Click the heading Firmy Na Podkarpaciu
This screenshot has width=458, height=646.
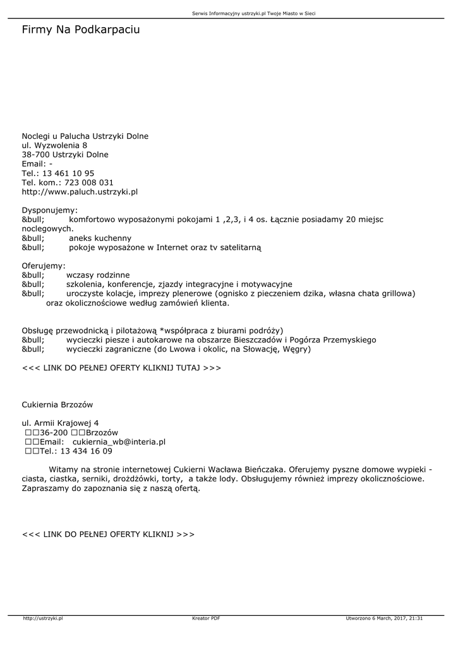(x=81, y=30)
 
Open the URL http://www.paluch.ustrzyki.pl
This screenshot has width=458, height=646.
(x=80, y=191)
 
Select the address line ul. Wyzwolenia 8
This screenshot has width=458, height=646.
(x=54, y=145)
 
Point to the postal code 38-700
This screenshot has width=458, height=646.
(x=35, y=155)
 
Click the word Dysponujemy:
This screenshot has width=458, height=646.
(x=50, y=210)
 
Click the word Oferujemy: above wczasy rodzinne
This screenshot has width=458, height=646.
(x=44, y=266)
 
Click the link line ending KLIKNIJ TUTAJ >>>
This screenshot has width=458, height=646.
(x=121, y=367)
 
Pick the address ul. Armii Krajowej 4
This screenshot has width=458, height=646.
(x=60, y=423)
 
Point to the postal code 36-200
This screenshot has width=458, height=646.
(x=54, y=433)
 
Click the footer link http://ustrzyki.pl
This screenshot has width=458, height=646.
(x=43, y=618)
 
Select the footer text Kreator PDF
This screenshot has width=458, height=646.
(x=206, y=618)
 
